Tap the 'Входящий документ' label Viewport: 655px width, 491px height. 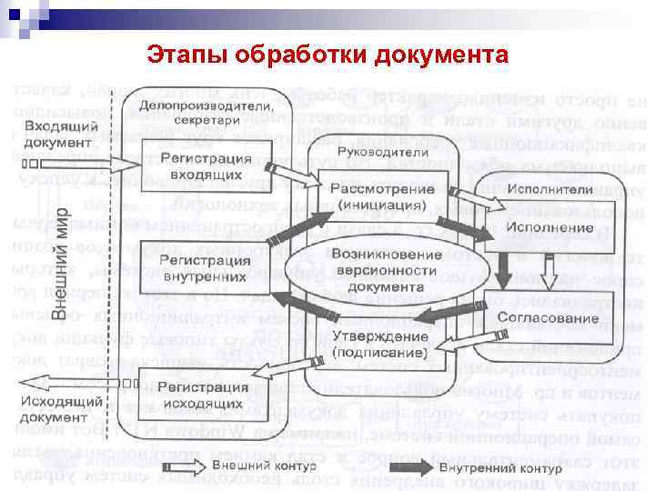coord(62,134)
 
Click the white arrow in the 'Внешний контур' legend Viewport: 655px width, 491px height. coord(208,466)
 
